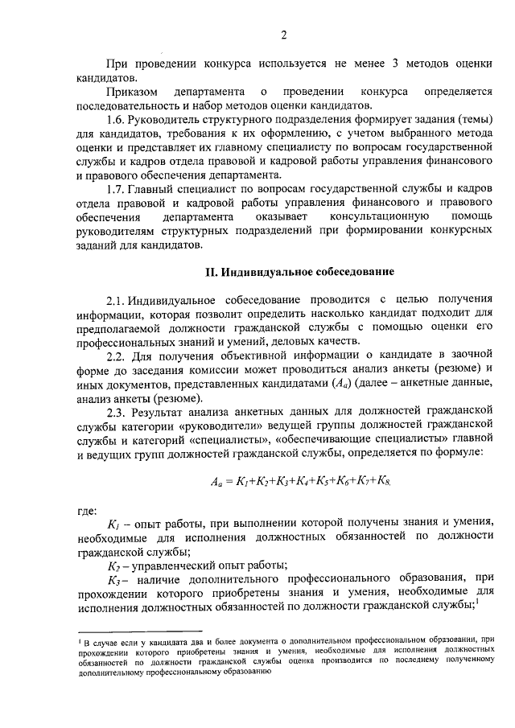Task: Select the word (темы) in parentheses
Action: pos(472,120)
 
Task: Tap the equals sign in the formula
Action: pos(228,483)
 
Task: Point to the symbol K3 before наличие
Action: pos(113,579)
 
